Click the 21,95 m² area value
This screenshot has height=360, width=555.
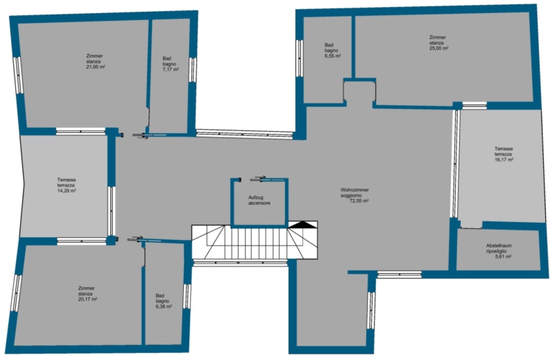(96, 67)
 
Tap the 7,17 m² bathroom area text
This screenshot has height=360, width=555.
(171, 69)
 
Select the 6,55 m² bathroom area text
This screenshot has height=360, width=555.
(333, 56)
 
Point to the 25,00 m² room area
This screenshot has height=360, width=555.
(439, 48)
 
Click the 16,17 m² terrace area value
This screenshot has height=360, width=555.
(504, 160)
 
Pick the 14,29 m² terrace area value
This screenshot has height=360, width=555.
(67, 191)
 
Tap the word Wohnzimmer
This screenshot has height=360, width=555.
(355, 190)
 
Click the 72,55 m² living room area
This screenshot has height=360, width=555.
(359, 200)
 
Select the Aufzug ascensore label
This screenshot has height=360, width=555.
(259, 200)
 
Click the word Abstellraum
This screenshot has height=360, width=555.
(499, 246)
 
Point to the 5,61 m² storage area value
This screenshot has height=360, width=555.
(504, 257)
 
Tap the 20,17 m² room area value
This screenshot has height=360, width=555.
(88, 299)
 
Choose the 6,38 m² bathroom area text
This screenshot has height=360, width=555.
(164, 307)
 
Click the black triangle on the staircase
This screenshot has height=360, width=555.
(302, 225)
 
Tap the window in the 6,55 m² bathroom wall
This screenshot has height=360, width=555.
(300, 58)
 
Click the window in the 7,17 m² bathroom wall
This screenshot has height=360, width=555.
(192, 69)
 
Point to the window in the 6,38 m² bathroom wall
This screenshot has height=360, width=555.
(187, 296)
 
